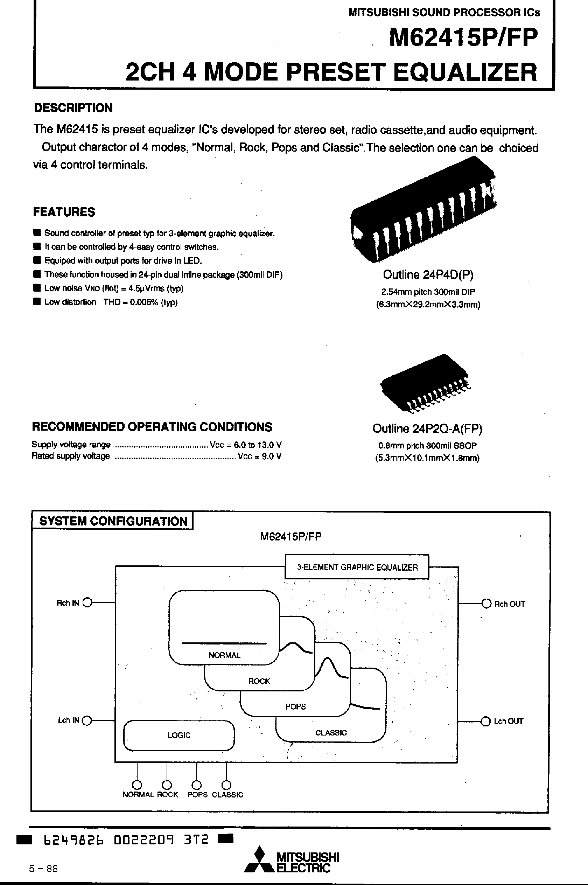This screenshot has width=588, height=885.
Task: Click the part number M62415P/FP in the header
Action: [463, 37]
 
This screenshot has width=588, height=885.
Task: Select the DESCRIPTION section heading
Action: [73, 108]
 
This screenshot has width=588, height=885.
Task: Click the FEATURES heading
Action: [64, 212]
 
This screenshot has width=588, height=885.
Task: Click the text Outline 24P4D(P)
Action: [428, 275]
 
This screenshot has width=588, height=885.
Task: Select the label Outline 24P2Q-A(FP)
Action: [427, 428]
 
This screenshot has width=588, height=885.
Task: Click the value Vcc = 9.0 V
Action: [259, 457]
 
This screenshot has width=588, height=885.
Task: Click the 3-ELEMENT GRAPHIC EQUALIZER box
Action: [357, 567]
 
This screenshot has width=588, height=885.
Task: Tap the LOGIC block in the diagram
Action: [179, 735]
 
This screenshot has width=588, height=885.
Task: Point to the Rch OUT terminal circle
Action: [486, 604]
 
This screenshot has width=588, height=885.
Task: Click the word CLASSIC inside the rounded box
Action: [331, 732]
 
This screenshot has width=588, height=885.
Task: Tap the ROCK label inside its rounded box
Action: [259, 681]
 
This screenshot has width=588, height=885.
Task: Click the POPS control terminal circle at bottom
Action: [196, 785]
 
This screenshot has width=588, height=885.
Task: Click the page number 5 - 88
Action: [43, 869]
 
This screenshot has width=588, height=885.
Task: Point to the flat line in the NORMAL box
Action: [224, 643]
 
